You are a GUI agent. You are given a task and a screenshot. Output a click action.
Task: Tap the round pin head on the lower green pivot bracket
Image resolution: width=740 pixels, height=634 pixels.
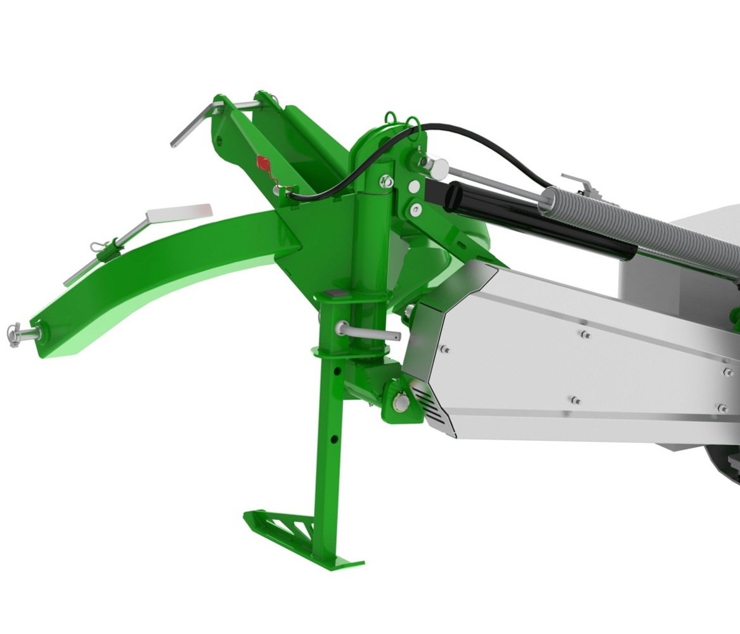point(399,402)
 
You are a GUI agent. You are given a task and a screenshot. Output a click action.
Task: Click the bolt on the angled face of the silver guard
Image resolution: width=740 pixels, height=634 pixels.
point(446,350)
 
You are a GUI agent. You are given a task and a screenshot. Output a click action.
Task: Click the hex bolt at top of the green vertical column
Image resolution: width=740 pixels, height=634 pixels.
point(386,182)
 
